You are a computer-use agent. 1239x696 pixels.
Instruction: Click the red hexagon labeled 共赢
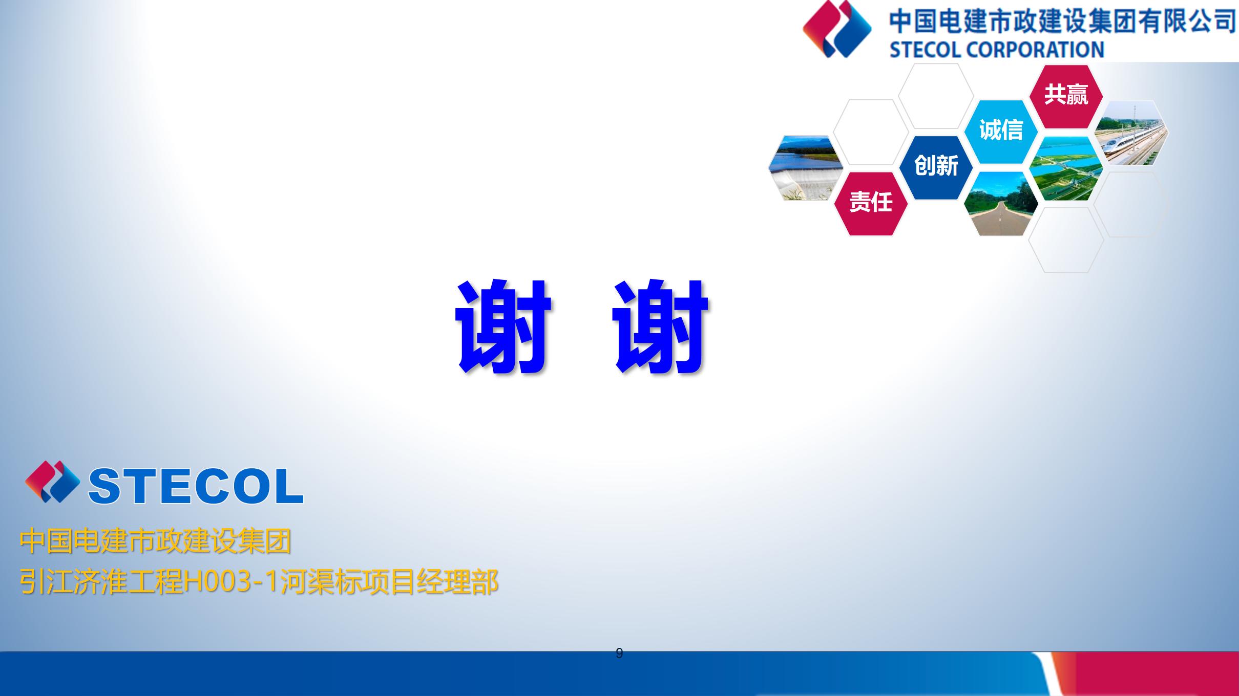click(x=1066, y=96)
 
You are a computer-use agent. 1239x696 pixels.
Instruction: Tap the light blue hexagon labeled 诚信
click(x=1001, y=132)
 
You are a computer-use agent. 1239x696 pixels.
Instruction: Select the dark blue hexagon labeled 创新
click(x=936, y=167)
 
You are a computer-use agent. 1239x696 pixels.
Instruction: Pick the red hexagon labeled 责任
click(x=871, y=203)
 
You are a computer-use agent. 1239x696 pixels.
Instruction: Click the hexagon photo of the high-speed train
click(x=1131, y=133)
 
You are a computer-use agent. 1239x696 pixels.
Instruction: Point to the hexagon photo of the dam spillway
click(x=806, y=168)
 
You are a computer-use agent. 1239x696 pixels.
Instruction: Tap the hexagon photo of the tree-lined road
click(x=1001, y=204)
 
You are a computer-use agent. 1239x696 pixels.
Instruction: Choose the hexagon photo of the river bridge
click(x=1066, y=168)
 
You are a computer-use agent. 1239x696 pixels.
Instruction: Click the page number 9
click(x=619, y=654)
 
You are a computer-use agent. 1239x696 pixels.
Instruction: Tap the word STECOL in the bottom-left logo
click(x=196, y=486)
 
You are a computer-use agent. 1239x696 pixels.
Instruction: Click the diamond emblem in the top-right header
click(x=837, y=29)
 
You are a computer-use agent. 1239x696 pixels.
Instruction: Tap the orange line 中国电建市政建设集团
click(x=155, y=541)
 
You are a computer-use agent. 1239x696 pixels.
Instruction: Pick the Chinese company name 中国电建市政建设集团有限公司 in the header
click(x=1062, y=21)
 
